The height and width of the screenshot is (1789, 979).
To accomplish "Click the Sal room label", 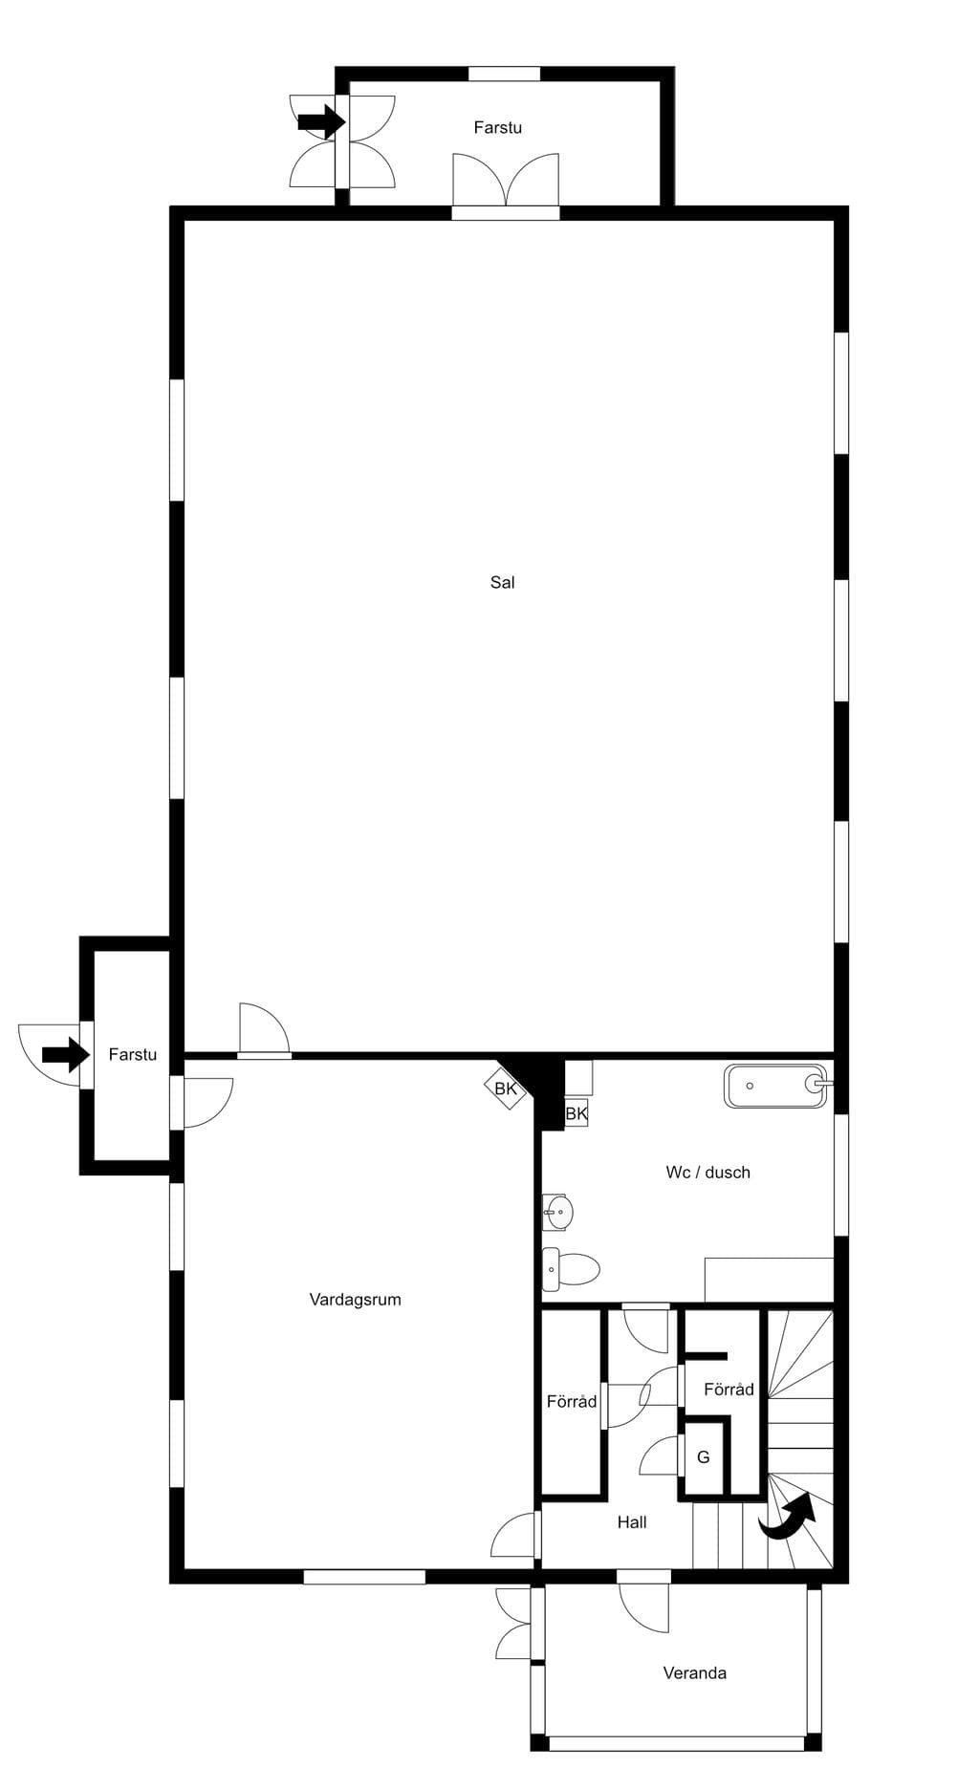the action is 502,582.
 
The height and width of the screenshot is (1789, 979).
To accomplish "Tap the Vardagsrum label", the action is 355,1300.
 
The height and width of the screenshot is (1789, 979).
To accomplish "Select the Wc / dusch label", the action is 707,1173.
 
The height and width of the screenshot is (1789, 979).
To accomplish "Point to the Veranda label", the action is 694,1673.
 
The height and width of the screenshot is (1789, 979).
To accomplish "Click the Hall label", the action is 632,1522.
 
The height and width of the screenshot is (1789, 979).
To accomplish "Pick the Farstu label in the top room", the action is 497,127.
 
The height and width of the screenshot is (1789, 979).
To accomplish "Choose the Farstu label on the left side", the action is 132,1054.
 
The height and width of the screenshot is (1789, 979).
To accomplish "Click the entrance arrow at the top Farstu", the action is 321,121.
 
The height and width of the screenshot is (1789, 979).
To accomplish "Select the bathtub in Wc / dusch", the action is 775,1086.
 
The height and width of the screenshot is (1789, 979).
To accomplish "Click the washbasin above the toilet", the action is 558,1213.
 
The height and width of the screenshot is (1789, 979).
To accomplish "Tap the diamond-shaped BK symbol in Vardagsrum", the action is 506,1088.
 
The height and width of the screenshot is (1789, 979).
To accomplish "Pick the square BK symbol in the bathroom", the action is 577,1113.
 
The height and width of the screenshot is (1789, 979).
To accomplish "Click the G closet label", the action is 704,1457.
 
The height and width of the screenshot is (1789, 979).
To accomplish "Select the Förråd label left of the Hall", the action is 572,1402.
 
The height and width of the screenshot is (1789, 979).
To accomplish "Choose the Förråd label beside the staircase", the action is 729,1390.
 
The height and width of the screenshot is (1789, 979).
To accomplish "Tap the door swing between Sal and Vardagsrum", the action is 264,1030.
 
